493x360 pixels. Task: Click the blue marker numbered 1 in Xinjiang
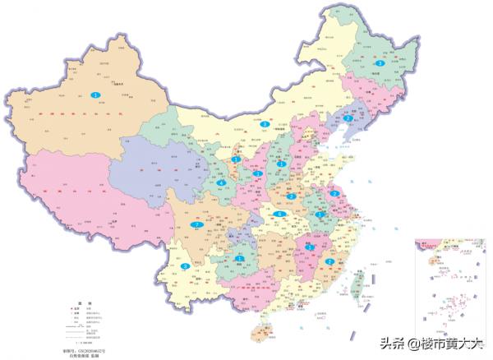[96, 95]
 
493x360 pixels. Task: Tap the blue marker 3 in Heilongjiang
[380, 63]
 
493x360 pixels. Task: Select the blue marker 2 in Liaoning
[349, 119]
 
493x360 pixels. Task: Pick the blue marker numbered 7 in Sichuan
[196, 224]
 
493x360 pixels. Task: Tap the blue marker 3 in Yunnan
[186, 266]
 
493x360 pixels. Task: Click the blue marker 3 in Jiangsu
[335, 194]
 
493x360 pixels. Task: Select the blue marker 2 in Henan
[292, 197]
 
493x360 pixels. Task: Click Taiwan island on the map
[356, 284]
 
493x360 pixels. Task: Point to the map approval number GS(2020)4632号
[88, 348]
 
